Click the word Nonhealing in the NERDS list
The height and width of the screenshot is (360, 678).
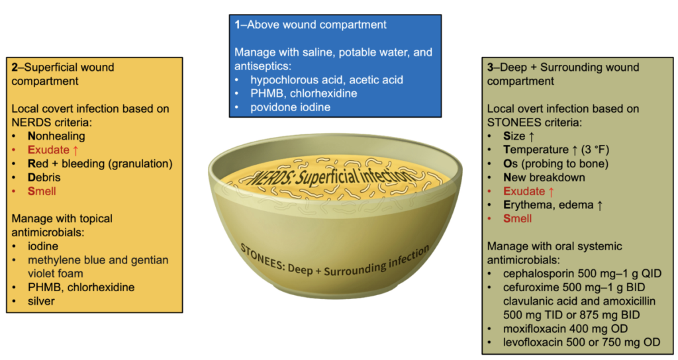(56, 136)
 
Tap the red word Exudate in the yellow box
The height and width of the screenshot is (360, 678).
(48, 150)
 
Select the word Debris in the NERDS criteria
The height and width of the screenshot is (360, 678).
(44, 177)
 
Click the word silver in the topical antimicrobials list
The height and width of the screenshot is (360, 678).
(41, 301)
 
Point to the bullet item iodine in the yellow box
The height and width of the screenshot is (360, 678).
(43, 246)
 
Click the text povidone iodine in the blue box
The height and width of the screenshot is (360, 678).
(290, 107)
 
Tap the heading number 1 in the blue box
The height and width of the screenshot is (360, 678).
(238, 24)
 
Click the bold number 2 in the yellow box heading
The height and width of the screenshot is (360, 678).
(15, 67)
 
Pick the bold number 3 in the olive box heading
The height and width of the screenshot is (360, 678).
(491, 67)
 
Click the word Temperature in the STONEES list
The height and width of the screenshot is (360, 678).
(536, 150)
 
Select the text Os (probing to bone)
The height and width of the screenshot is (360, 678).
(556, 164)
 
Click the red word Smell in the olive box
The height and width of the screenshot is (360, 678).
(517, 218)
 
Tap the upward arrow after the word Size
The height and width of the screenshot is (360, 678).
(532, 137)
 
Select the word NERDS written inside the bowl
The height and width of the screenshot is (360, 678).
(269, 177)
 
